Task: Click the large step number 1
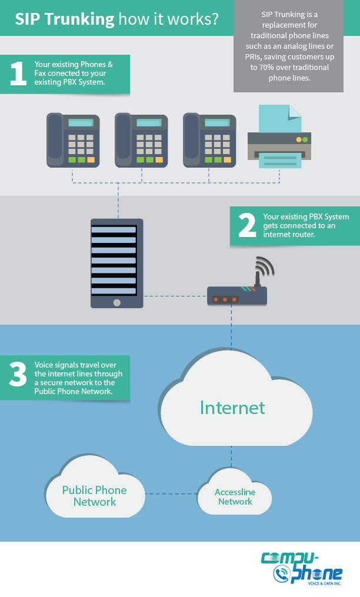coord(18,74)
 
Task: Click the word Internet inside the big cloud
coord(232,408)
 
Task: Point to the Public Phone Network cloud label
coord(94,496)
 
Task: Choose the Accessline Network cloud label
coord(235,497)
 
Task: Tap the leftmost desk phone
coord(73,140)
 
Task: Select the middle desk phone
coord(141,140)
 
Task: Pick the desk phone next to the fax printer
coord(209,140)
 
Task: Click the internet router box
coord(237,295)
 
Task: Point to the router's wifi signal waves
coord(265,267)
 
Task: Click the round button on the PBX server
coord(116,302)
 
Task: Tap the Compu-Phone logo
coord(301,567)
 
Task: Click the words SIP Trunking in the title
coord(65,19)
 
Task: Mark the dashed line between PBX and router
coord(175,296)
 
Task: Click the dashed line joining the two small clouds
coord(171,493)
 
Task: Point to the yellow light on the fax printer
coord(298,139)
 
